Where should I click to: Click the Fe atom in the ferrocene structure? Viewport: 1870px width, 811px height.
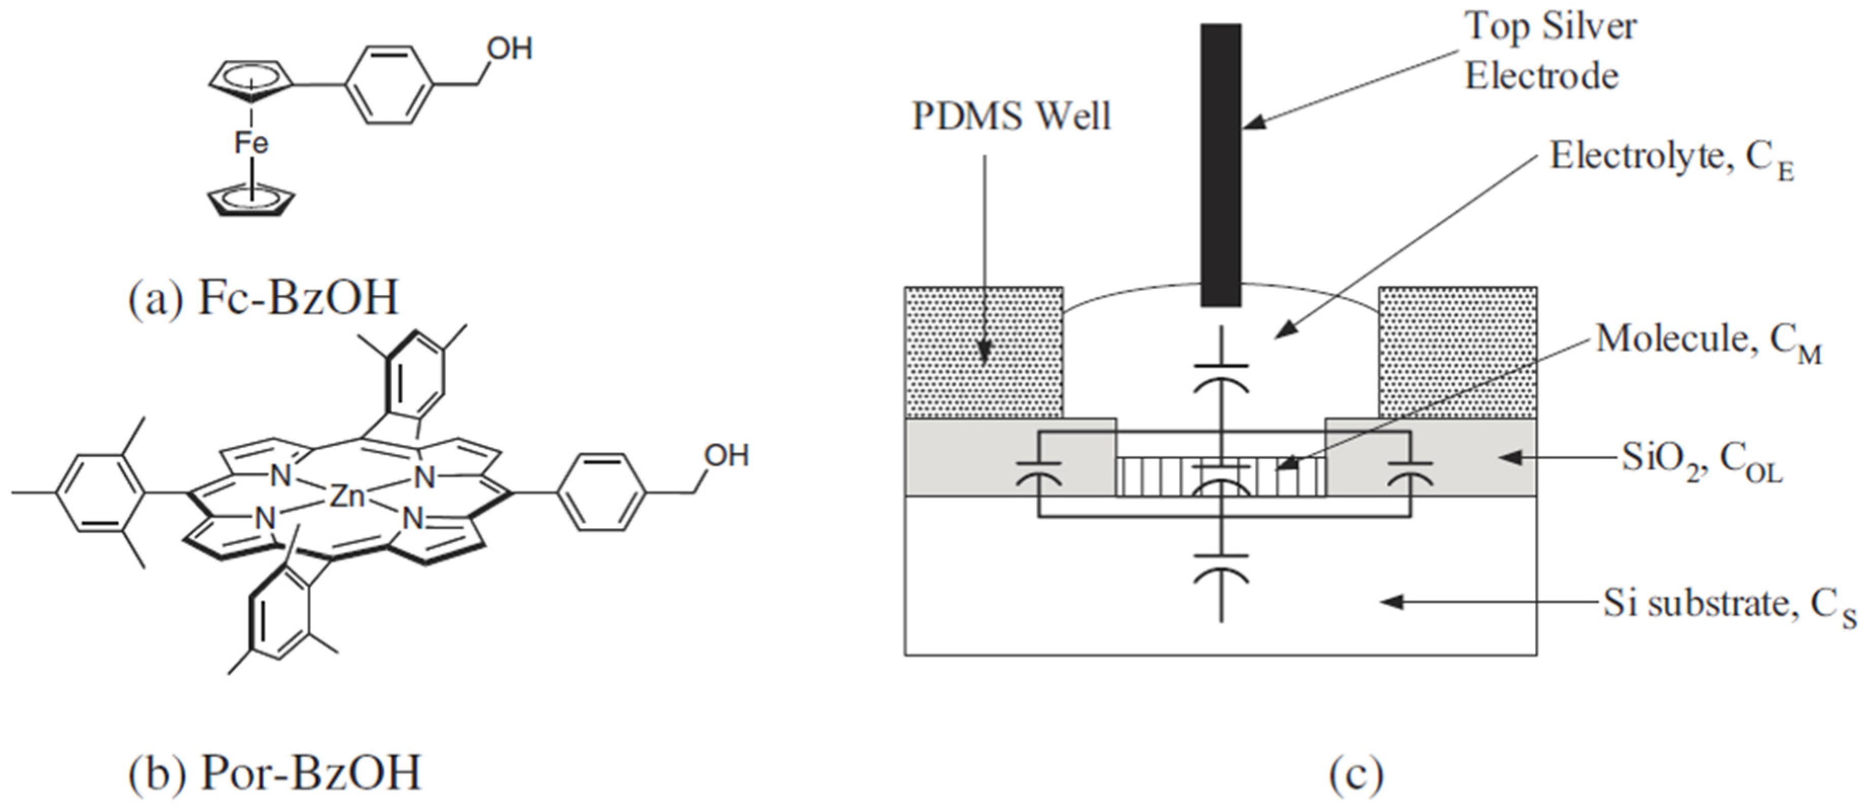click(x=251, y=143)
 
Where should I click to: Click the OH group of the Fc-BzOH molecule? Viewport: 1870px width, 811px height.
click(x=510, y=49)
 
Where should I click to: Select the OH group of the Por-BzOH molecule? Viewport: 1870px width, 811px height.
click(x=726, y=455)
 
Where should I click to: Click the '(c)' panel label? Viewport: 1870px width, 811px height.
click(x=1356, y=775)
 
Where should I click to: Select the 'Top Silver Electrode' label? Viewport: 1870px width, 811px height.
click(x=1550, y=51)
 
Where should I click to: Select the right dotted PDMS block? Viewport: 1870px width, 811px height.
click(x=1458, y=353)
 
